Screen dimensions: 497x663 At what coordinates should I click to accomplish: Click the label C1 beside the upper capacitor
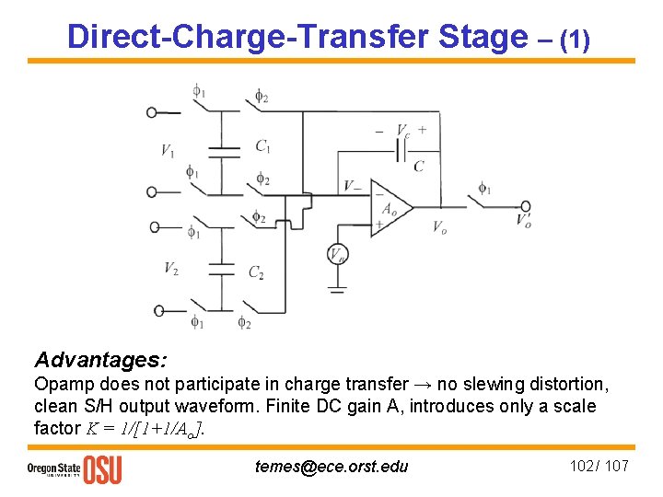(x=262, y=145)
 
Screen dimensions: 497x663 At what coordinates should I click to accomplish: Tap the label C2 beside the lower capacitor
(x=257, y=272)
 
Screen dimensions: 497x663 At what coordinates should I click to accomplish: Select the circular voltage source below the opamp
(x=338, y=255)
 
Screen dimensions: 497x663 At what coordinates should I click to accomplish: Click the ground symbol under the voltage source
(x=338, y=289)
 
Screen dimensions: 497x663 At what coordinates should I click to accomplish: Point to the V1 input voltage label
(x=168, y=151)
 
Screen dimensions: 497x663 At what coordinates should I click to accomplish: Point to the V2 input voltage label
(x=171, y=268)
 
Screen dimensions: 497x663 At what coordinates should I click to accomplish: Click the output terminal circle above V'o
(x=526, y=206)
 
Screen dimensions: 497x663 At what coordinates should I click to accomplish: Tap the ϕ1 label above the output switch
(x=484, y=189)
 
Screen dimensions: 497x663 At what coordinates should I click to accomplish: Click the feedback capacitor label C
(x=418, y=167)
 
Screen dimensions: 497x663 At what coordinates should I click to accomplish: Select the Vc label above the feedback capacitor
(x=403, y=130)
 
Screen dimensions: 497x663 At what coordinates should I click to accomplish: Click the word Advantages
(x=100, y=358)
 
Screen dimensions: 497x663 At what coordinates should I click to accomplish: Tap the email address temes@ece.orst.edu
(x=331, y=466)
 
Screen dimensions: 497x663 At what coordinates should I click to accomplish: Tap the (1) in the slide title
(x=575, y=40)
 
